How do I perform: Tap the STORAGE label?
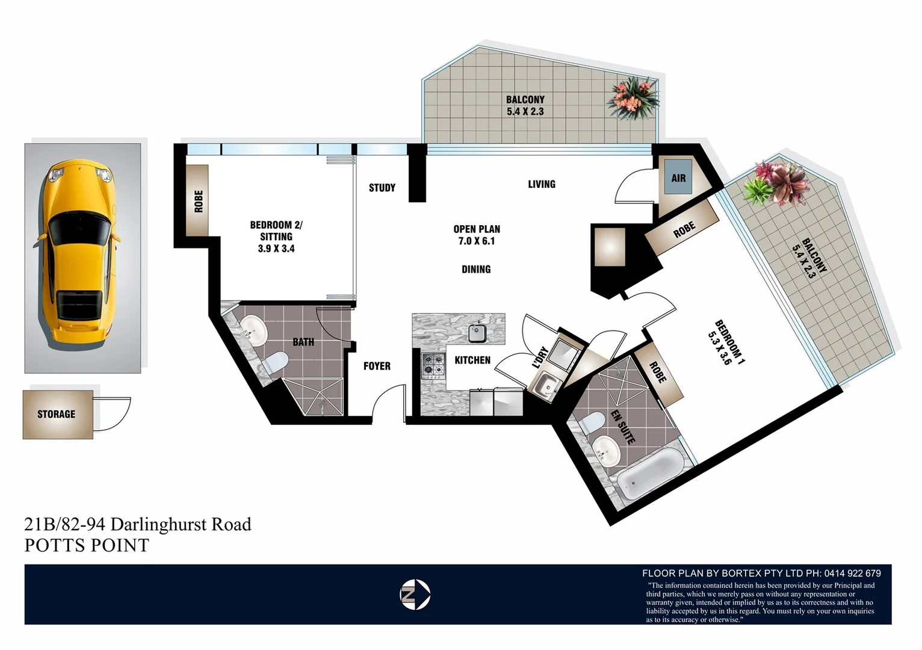pos(57,414)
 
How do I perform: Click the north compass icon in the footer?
pos(415,595)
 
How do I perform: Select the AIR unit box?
pos(678,178)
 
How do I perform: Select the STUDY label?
pos(382,188)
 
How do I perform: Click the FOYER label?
pos(377,366)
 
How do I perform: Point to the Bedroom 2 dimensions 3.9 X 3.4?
pos(276,249)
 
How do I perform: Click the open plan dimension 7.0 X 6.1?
pos(477,241)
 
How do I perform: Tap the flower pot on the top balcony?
pos(633,98)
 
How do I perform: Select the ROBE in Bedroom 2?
pos(198,201)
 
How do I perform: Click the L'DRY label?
pos(540,357)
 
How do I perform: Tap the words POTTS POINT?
pos(87,545)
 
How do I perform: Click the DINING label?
pos(476,269)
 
